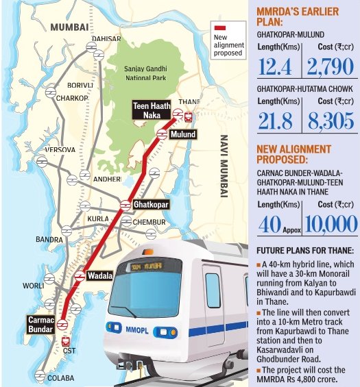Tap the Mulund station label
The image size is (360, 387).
pyautogui.click(x=183, y=134)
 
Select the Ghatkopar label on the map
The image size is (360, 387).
pyautogui.click(x=151, y=204)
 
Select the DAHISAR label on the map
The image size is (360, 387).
pyautogui.click(x=115, y=40)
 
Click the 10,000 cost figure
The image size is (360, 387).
pyautogui.click(x=331, y=224)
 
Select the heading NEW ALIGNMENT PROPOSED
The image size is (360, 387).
pyautogui.click(x=293, y=154)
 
